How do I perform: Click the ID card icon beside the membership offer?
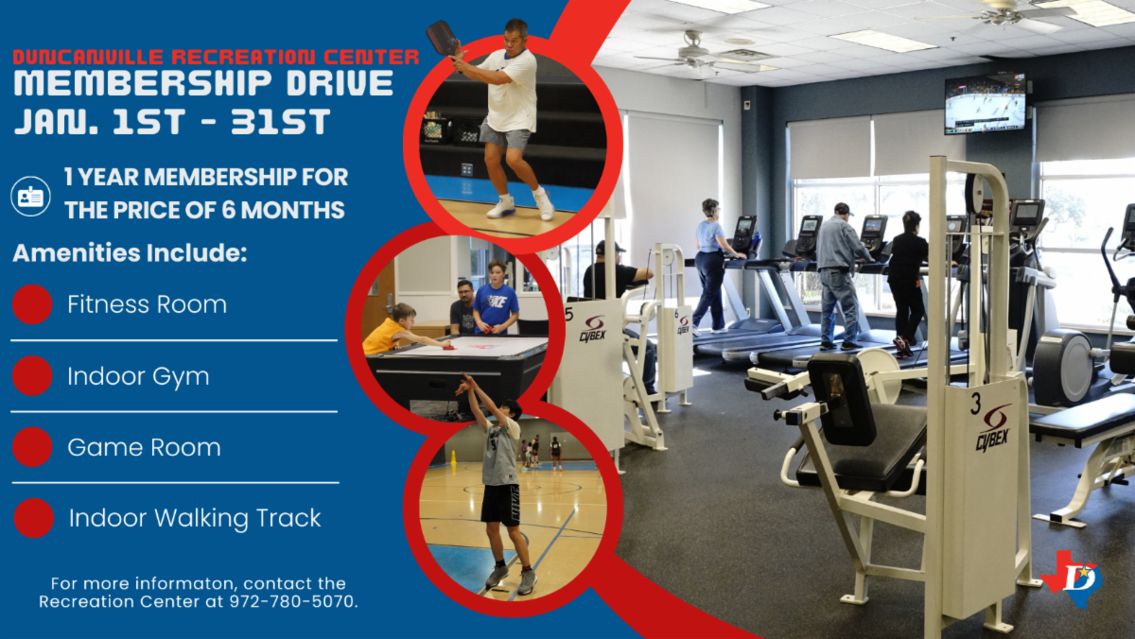point(30,197)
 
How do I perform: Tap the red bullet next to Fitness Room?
point(32,304)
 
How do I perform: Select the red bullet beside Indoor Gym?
point(32,375)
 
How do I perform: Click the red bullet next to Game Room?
point(32,447)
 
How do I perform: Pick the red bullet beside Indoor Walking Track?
point(34,518)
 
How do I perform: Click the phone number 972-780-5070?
point(293,601)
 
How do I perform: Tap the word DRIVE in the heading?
point(340,83)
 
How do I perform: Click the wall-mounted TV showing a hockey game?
point(985,104)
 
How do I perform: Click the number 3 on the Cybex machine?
point(975,404)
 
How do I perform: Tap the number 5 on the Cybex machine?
point(569,314)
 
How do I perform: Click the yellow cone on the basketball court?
point(453,458)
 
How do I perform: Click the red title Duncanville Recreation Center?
point(217,58)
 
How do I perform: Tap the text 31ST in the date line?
point(280,122)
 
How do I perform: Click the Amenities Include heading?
point(130,252)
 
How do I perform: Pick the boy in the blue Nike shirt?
point(496,298)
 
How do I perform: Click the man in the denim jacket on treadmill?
point(840,276)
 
